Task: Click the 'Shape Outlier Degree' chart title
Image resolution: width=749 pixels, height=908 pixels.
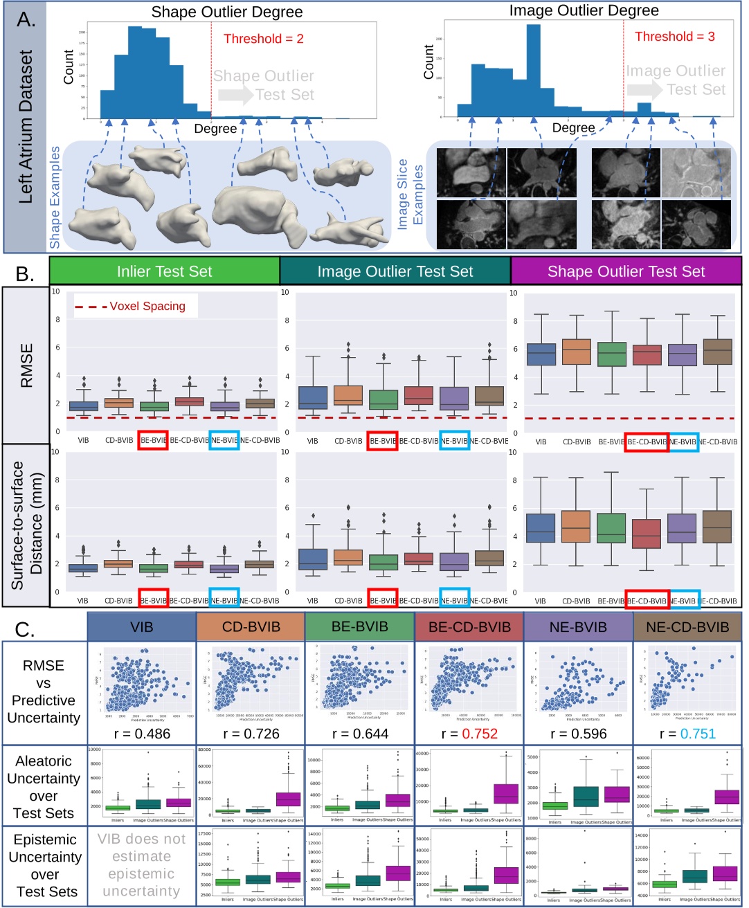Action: (227, 12)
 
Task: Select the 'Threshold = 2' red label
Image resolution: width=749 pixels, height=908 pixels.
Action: (263, 39)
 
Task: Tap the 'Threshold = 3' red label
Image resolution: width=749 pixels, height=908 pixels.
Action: (674, 37)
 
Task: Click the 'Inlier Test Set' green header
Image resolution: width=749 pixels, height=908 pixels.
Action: (165, 271)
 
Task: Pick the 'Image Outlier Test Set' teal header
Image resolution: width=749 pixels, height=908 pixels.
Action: (395, 271)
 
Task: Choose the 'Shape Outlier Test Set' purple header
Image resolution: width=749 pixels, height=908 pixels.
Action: (626, 271)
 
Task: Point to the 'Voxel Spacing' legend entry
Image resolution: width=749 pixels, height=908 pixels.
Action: (147, 306)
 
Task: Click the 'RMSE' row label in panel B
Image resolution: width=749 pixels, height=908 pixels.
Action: (26, 365)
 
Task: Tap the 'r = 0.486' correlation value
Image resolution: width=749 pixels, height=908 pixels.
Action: (141, 734)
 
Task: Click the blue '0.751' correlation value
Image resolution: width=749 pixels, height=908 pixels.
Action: (697, 734)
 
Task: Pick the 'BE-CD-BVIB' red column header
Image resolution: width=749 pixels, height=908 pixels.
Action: (469, 627)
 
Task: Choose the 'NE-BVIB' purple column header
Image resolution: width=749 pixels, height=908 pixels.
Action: (577, 627)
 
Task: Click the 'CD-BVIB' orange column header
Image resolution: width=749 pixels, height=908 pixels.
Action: (251, 627)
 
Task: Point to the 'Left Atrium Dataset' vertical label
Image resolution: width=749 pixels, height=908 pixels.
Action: (26, 126)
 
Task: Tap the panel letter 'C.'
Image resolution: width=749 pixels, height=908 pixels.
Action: (25, 629)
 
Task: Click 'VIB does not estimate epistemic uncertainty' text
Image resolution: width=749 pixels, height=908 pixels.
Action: (141, 865)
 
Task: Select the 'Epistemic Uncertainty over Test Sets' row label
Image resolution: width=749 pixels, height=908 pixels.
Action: (44, 866)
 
